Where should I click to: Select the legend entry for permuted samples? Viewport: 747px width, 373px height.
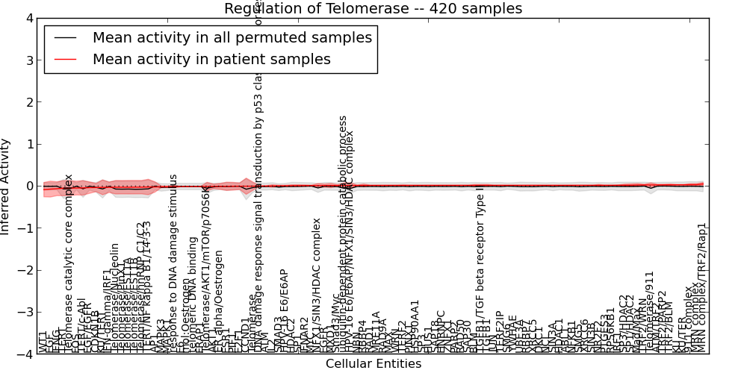pyautogui.click(x=232, y=37)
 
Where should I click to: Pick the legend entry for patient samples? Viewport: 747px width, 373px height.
pyautogui.click(x=211, y=59)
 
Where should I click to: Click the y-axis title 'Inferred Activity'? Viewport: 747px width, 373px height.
pyautogui.click(x=7, y=186)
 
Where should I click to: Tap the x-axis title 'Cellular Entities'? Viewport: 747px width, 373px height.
pyautogui.click(x=373, y=364)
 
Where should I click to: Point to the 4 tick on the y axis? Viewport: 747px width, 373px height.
pyautogui.click(x=29, y=18)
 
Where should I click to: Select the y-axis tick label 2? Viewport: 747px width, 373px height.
pyautogui.click(x=29, y=102)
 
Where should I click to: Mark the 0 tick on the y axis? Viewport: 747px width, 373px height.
pyautogui.click(x=29, y=186)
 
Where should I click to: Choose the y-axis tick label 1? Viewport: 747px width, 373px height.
pyautogui.click(x=29, y=144)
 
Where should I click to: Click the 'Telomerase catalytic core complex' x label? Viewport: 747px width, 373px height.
pyautogui.click(x=69, y=263)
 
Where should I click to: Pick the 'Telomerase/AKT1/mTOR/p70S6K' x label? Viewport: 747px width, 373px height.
pyautogui.click(x=207, y=269)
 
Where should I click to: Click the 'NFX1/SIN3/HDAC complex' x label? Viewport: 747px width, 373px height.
pyautogui.click(x=317, y=284)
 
